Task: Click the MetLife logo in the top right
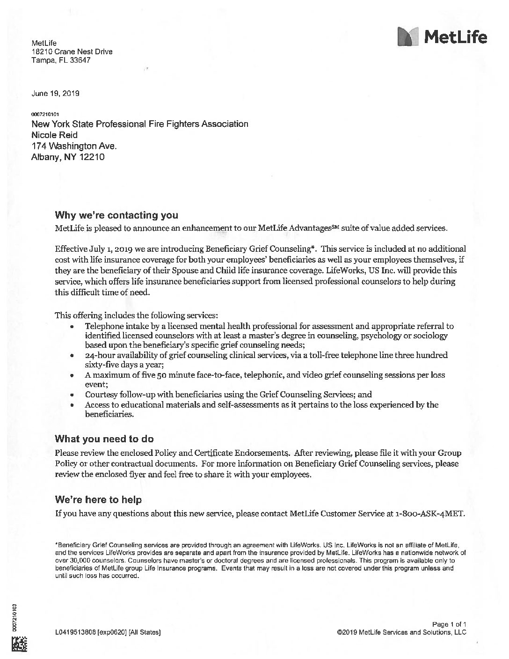pos(442,37)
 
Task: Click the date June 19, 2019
pos(55,93)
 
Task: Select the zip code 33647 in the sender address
pos(80,60)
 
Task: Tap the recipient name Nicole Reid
pos(55,135)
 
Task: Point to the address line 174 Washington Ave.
pos(74,146)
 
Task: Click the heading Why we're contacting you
pos(116,215)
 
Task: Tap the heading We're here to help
pos(98,500)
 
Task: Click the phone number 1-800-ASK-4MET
pos(430,513)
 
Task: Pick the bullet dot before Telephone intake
pos(72,327)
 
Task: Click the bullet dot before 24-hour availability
pos(72,356)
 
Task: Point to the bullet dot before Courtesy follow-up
pos(72,395)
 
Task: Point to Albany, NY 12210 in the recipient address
pos(67,157)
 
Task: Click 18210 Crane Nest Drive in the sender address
pos(72,51)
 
